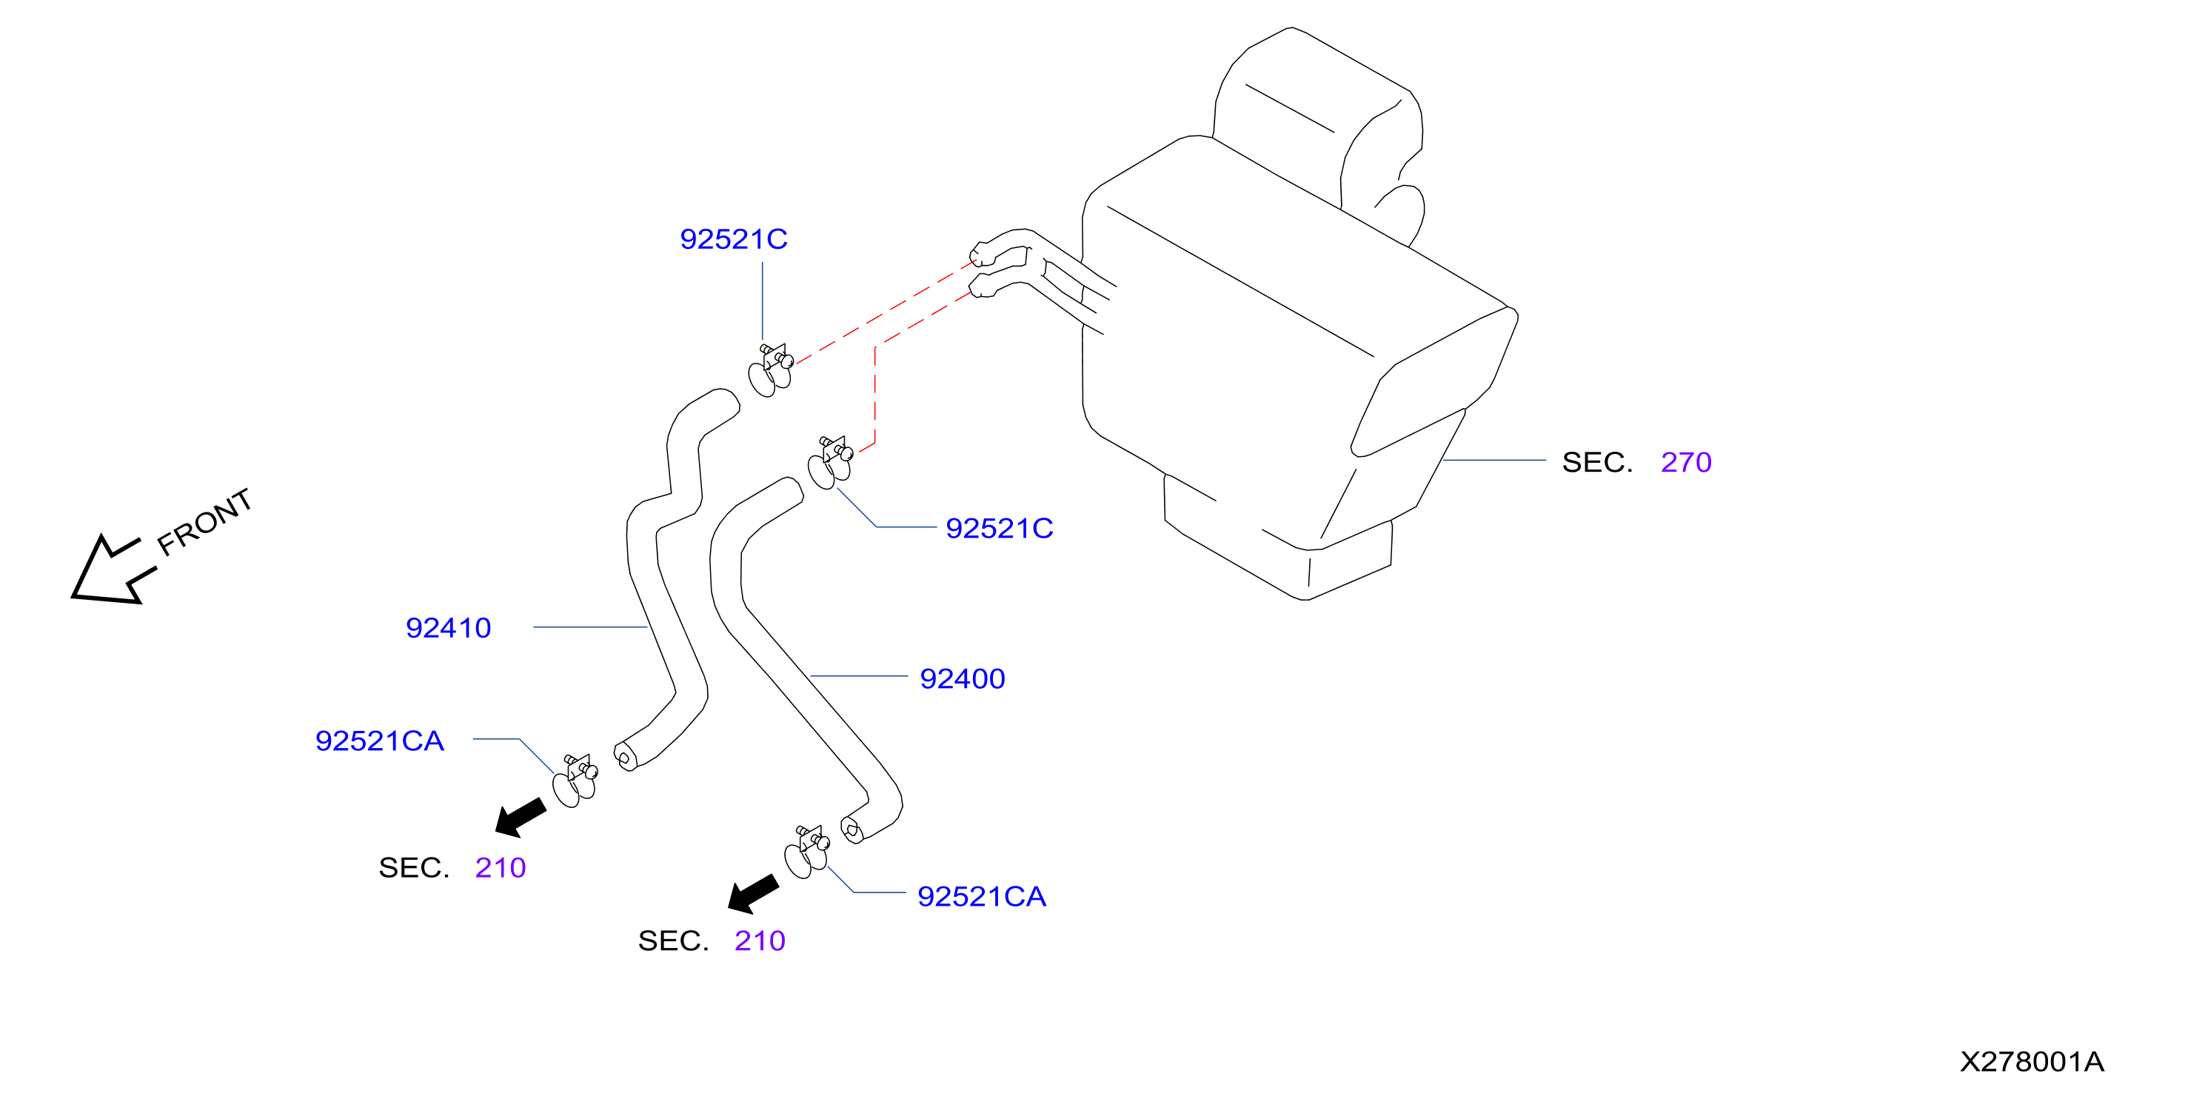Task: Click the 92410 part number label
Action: (448, 628)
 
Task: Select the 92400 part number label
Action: (963, 678)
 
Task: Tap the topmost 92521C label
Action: (734, 238)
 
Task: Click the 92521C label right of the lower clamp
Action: (1000, 528)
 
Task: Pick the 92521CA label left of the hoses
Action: (380, 741)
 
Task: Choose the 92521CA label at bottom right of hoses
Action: (982, 896)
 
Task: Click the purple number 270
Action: (1686, 462)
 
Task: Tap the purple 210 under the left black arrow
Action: (501, 867)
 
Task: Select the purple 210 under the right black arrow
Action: (760, 941)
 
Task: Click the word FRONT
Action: (204, 521)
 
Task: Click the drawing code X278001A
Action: (2032, 1062)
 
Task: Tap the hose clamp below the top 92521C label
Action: (770, 370)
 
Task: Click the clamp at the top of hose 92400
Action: (830, 463)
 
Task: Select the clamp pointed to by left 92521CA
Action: (575, 781)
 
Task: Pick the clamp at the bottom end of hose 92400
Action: (807, 852)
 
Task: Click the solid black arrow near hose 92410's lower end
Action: (521, 817)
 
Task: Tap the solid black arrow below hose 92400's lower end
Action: (754, 893)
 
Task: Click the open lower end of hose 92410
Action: (624, 756)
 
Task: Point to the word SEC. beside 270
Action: (1597, 462)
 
